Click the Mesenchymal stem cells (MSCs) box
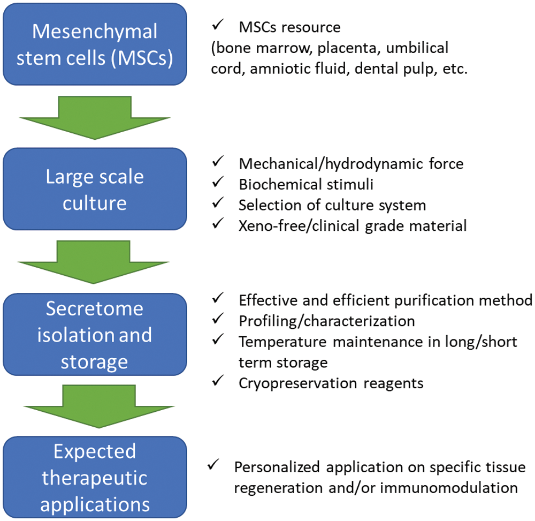[95, 44]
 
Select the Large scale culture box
[95, 190]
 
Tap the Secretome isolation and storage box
[95, 335]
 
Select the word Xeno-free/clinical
[300, 226]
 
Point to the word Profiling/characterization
[327, 321]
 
